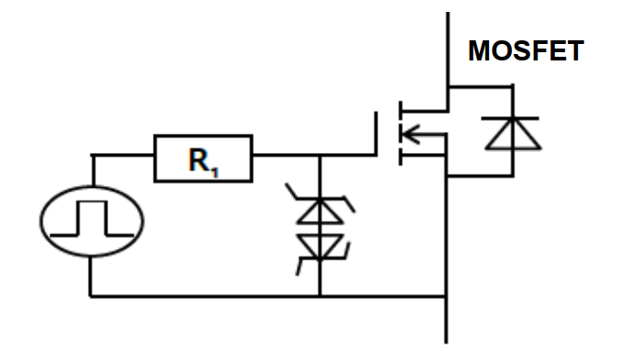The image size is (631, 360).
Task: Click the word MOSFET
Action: click(x=525, y=51)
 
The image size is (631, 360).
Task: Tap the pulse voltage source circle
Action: click(x=92, y=221)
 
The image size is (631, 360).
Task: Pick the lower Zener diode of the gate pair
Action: click(x=320, y=245)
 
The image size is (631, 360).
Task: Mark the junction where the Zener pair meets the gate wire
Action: click(x=320, y=156)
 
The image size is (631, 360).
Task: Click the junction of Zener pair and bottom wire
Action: click(x=320, y=296)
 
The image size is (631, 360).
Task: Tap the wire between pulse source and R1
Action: click(x=119, y=156)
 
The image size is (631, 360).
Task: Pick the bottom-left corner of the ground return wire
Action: click(x=91, y=296)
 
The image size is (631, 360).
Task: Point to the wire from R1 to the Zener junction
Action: click(x=284, y=156)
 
